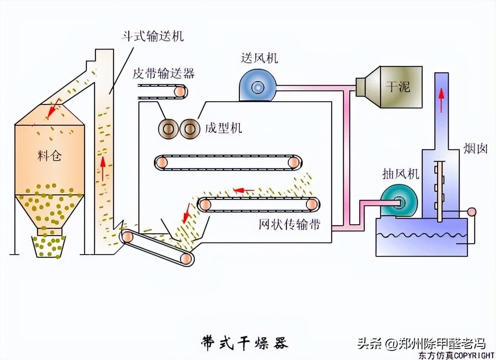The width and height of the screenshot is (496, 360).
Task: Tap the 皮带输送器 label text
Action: tap(163, 74)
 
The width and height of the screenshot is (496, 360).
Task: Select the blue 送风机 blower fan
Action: tap(257, 86)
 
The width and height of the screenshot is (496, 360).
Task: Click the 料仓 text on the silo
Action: tap(49, 156)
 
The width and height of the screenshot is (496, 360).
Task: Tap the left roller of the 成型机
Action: tap(168, 129)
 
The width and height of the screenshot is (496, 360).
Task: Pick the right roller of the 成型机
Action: tap(189, 129)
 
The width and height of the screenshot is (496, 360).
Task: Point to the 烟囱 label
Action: tap(475, 148)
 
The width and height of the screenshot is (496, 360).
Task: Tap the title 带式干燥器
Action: tap(244, 342)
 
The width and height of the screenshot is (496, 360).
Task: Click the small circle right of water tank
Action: tap(472, 212)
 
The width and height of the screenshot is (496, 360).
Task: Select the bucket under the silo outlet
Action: tap(50, 246)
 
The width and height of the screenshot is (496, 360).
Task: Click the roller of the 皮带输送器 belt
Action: tap(180, 92)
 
